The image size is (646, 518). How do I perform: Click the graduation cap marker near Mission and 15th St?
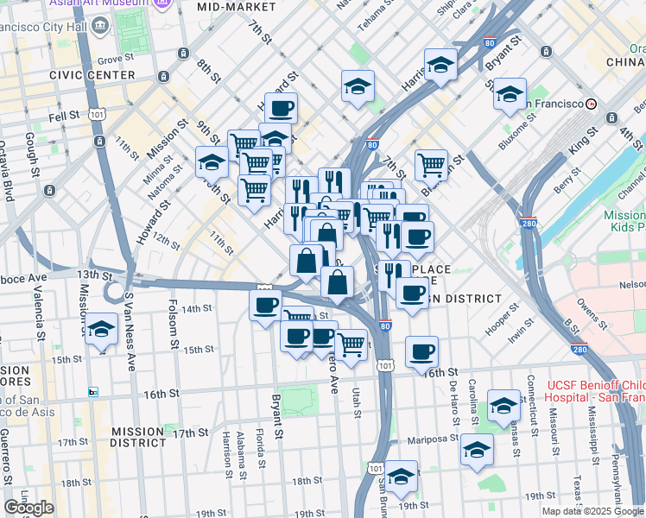click(102, 329)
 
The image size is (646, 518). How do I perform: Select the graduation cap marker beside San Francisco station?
click(510, 94)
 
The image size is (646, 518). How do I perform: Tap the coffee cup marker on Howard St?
click(281, 109)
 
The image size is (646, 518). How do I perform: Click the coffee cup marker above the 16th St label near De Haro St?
click(421, 351)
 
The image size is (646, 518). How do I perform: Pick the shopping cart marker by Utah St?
click(351, 344)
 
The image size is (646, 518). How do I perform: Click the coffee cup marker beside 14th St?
click(265, 305)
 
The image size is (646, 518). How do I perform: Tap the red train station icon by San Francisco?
click(591, 104)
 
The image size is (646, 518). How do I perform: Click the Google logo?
click(28, 508)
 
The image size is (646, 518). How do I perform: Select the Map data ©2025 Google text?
click(592, 511)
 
